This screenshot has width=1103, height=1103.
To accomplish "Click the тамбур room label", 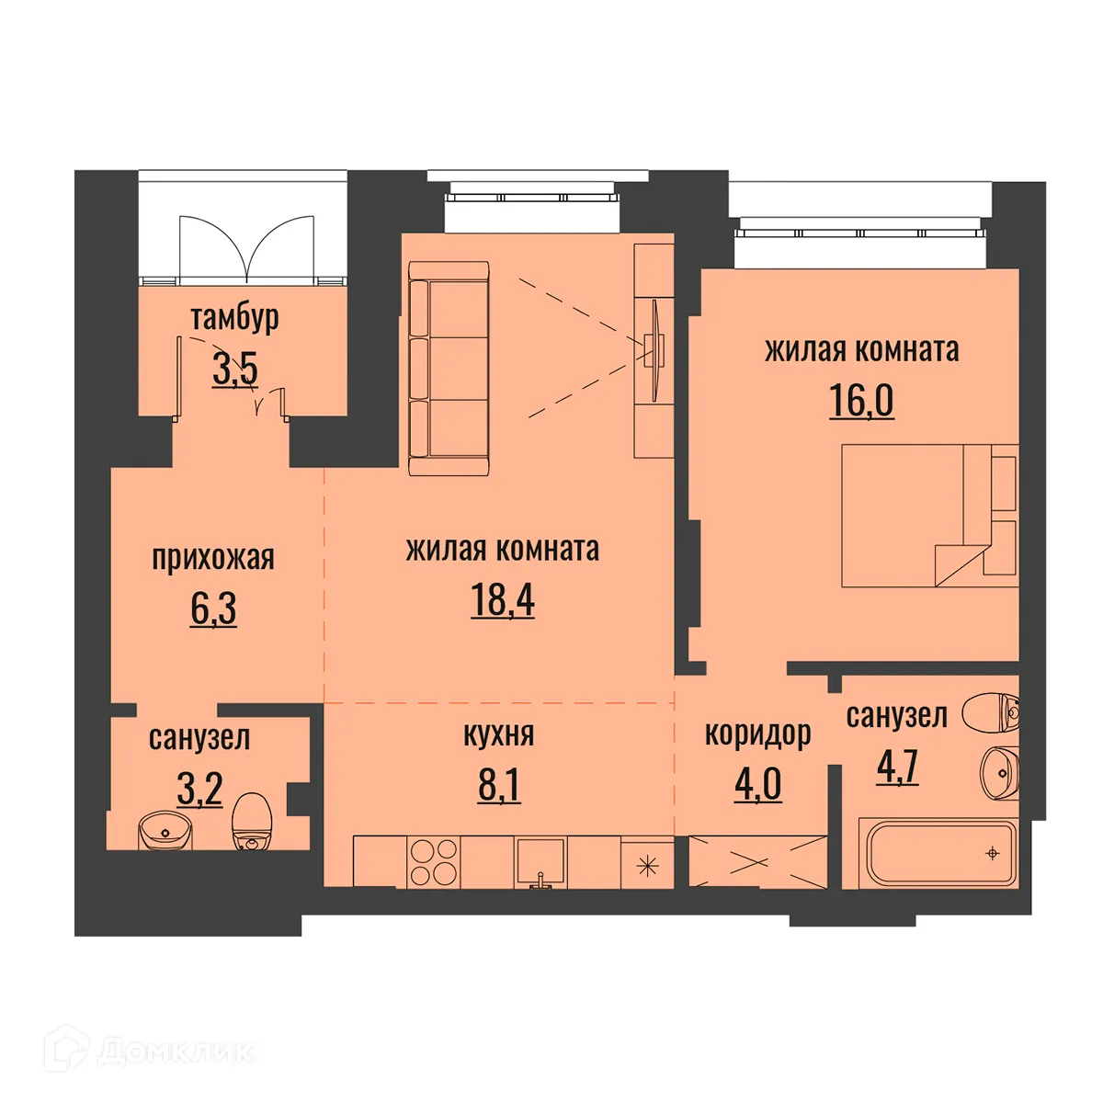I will click(x=234, y=318).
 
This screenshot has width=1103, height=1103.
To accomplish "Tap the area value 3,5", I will click(x=235, y=370).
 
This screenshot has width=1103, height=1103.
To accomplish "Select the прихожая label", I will click(x=213, y=558).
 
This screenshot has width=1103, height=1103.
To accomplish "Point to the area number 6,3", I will click(x=213, y=608).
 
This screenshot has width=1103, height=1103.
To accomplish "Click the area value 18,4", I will click(x=503, y=600).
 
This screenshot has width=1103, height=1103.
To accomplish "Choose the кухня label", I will click(x=499, y=734).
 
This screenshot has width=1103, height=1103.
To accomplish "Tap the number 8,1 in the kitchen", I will click(x=499, y=786).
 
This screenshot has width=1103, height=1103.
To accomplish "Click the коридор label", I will click(x=757, y=733).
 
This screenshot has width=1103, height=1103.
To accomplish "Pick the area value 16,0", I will click(x=861, y=401).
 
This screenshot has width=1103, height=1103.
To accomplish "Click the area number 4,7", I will click(x=897, y=767).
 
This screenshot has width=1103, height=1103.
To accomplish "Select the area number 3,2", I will click(x=199, y=789).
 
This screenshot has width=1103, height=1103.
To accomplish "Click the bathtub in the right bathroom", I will click(x=938, y=854).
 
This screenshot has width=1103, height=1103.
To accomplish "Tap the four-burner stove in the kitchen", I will click(x=433, y=862).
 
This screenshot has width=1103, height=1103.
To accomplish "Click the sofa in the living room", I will click(x=448, y=368).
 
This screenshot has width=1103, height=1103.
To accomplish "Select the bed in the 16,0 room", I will click(x=928, y=516).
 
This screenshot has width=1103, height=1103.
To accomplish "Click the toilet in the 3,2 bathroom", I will click(x=251, y=822).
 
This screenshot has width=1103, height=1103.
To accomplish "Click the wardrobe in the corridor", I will click(x=757, y=862).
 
